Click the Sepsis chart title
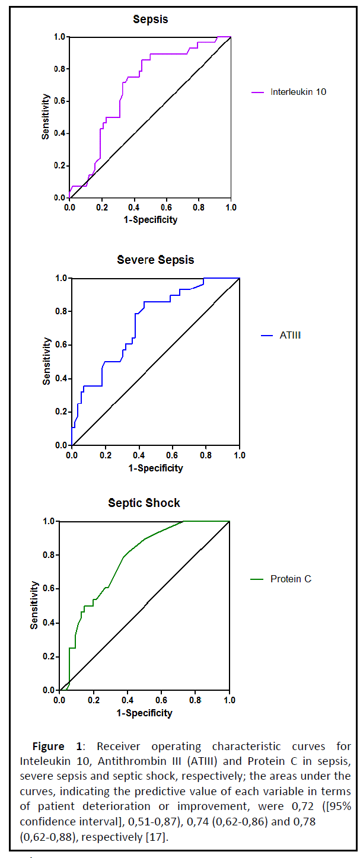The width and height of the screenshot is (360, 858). click(150, 20)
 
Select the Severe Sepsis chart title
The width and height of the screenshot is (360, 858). click(155, 260)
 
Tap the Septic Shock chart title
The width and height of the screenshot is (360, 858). click(144, 503)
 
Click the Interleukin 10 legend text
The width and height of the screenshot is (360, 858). click(298, 92)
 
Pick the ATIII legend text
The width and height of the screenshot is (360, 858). click(291, 336)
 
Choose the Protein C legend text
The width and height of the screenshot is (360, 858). click(291, 579)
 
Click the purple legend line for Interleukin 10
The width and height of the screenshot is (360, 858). click(258, 93)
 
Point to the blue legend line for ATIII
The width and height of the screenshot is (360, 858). click(267, 336)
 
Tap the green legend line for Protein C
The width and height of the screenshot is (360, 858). click(258, 579)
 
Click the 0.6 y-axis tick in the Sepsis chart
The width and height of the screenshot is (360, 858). click(60, 101)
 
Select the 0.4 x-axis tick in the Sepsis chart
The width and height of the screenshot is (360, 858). click(134, 208)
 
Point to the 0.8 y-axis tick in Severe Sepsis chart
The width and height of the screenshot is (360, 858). click(62, 311)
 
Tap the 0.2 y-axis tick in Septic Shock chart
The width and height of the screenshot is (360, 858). click(50, 656)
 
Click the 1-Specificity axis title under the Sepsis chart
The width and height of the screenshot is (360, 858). click(150, 220)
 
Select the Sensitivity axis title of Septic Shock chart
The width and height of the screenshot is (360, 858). click(35, 605)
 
